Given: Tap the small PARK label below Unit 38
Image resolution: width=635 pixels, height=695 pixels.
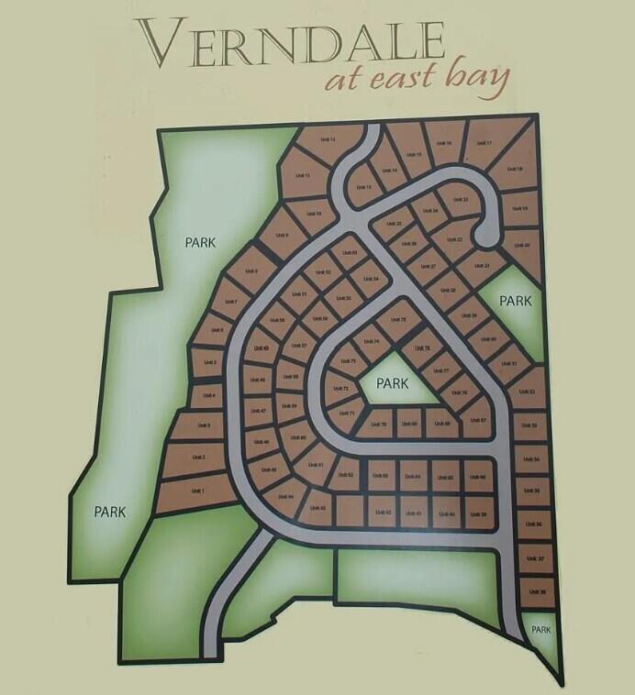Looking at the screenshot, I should (x=540, y=630).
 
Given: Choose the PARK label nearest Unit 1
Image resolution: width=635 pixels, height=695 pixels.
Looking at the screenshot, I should (x=109, y=512).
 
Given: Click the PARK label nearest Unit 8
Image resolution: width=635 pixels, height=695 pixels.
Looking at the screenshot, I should (x=199, y=243).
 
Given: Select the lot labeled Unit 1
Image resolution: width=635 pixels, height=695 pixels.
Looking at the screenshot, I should (x=195, y=491).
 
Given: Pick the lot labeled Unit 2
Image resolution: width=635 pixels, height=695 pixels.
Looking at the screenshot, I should (x=195, y=458).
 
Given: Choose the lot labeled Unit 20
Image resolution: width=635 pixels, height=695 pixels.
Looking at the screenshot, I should (x=520, y=246).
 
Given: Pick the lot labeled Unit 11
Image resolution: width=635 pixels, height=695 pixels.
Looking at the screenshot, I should (x=301, y=175).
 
